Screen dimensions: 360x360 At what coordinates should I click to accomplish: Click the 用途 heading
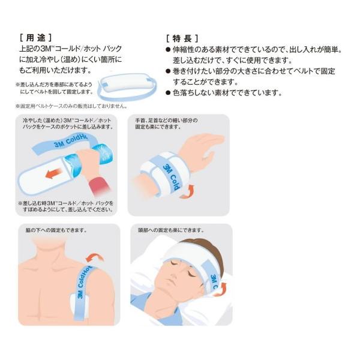[36, 38]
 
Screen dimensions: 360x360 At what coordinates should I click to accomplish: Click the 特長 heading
[182, 38]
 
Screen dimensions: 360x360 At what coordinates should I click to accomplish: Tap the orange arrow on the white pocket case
[53, 173]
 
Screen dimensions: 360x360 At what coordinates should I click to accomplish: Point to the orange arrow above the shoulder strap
[95, 258]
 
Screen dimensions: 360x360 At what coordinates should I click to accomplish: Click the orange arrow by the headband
[220, 290]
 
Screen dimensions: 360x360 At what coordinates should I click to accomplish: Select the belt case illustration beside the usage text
[127, 86]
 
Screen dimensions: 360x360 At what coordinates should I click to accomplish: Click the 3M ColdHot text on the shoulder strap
[83, 282]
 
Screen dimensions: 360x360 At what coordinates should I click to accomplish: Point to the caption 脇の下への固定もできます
[56, 230]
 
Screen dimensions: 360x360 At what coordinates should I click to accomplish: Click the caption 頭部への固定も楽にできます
[171, 230]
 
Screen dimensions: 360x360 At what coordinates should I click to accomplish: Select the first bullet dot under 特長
[168, 50]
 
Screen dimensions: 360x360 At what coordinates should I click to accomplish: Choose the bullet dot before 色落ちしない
[168, 93]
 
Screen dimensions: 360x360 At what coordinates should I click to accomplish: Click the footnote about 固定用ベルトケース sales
[71, 106]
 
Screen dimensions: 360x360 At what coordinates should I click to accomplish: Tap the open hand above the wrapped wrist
[200, 149]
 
